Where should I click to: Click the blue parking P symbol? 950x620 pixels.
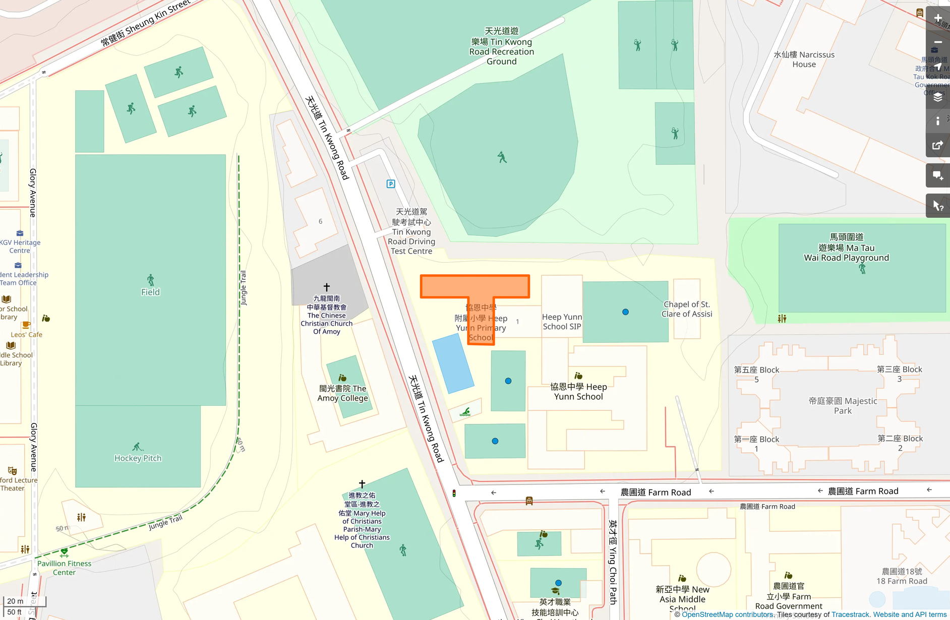point(391,184)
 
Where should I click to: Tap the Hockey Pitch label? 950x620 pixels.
point(138,458)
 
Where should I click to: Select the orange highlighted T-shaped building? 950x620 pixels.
point(474,288)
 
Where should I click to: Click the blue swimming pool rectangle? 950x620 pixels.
point(453,363)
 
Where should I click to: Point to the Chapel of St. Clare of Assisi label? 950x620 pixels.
point(687,309)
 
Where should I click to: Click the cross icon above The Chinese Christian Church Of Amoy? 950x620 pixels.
point(327,287)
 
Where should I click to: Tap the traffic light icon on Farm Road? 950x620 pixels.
point(454,493)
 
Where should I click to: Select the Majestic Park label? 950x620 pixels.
point(843,406)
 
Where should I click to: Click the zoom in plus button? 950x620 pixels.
point(937,18)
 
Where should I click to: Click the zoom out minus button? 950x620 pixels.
point(937,42)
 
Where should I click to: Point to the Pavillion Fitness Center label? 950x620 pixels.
point(64,568)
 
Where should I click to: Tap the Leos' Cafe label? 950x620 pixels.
point(27,335)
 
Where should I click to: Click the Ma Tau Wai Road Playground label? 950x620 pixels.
point(846,247)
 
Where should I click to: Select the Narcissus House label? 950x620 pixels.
point(804,59)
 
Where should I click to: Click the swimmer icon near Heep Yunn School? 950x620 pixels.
point(465,412)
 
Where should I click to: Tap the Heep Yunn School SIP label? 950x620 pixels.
point(562,322)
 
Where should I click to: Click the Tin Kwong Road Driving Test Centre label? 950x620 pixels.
point(411,231)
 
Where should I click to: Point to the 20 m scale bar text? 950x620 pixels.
point(15,601)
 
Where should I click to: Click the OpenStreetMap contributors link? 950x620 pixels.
point(727,614)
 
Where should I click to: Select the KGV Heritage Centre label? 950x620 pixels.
point(20,246)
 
